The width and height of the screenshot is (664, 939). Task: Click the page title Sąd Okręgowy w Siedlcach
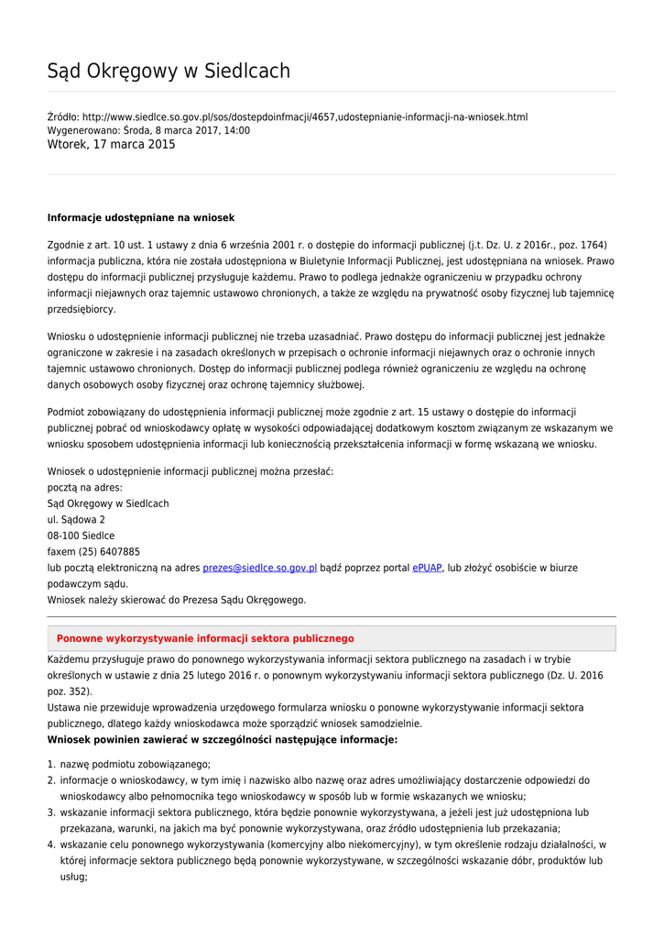pos(169,72)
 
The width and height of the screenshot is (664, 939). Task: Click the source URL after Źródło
pos(305,117)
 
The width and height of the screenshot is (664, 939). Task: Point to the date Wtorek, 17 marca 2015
pos(111,145)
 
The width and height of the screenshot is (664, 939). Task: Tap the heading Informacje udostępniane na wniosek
pos(141,218)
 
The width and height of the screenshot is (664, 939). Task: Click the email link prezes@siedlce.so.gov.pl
pos(259,569)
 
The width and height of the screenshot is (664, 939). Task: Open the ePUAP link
pos(427,569)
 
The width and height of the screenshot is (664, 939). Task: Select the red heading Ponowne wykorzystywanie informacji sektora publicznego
pos(205,639)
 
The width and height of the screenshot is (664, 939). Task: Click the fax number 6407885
pos(120,552)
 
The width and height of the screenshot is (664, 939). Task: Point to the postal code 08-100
pos(63,536)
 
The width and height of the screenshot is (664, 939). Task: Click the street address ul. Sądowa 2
pos(76,520)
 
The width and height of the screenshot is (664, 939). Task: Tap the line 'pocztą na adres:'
pos(84,488)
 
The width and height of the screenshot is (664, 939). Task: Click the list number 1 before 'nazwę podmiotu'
pos(51,765)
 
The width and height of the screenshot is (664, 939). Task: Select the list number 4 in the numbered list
pos(51,845)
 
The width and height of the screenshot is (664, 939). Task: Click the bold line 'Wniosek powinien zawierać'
pos(223,739)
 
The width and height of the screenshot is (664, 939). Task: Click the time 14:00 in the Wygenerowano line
pos(236,131)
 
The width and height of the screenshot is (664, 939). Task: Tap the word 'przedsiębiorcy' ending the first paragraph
pos(81,310)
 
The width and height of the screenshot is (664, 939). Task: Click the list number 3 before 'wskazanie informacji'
pos(51,812)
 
